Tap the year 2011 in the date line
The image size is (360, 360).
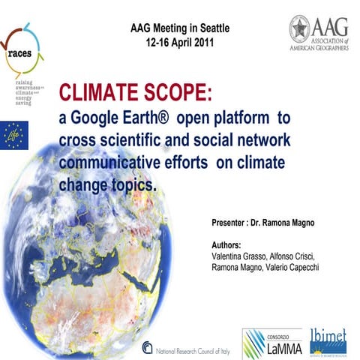197,42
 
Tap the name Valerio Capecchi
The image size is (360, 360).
292,268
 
